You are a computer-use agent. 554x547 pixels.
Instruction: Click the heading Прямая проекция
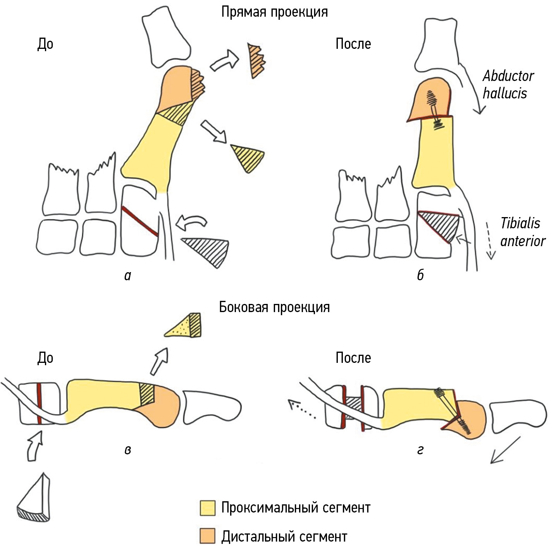click(274, 12)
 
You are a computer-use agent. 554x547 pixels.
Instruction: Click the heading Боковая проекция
click(274, 307)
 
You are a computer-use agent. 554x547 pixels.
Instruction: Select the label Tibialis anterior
click(522, 232)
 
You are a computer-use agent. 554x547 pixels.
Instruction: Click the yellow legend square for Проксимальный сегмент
click(207, 508)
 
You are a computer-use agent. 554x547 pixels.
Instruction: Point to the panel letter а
click(128, 276)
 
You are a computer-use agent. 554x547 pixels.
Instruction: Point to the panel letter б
click(420, 275)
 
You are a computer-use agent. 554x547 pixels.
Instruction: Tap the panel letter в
click(128, 450)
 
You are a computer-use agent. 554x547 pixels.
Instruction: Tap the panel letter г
click(420, 450)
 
